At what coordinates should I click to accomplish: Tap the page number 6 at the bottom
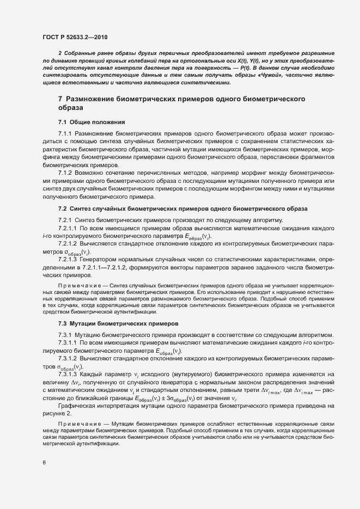(x=44, y=463)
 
